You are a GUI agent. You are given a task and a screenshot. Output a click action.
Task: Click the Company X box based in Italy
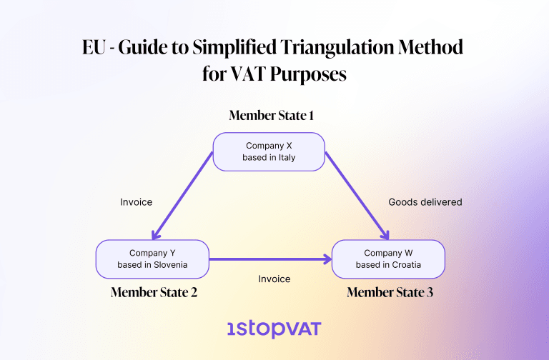tap(269, 151)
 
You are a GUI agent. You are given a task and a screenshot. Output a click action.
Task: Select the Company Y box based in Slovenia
tap(152, 259)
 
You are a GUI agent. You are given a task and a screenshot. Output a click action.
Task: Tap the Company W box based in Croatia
tap(388, 259)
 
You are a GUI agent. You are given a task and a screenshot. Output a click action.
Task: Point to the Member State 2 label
tap(154, 292)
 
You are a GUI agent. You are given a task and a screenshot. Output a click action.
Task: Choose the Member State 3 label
tap(390, 292)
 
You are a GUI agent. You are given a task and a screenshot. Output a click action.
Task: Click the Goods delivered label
tap(425, 202)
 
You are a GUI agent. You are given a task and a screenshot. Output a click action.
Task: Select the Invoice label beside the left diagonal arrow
tap(136, 202)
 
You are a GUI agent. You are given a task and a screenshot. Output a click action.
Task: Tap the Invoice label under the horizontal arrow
tap(274, 279)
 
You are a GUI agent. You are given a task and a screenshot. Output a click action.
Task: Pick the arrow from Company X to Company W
tap(357, 196)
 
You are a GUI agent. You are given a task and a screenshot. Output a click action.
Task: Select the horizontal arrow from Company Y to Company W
tap(270, 259)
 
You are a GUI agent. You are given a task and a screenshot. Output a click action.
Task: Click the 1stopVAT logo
tap(274, 329)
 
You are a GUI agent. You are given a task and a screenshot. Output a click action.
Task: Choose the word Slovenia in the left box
tap(169, 265)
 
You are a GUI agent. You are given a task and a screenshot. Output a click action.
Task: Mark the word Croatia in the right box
tap(404, 265)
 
